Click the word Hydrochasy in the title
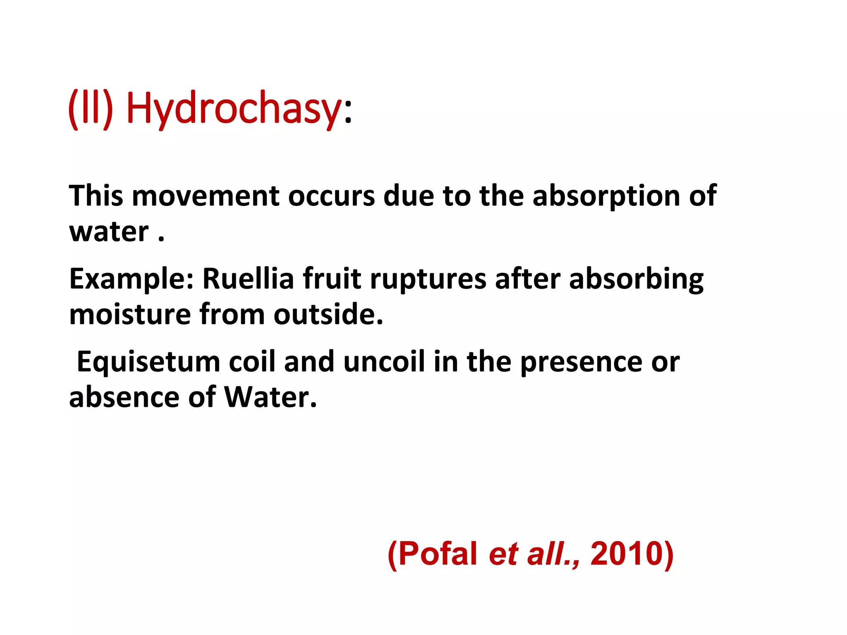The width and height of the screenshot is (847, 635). point(234,108)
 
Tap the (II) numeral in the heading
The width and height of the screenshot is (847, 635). point(91,108)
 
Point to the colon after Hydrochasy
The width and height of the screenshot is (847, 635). point(348,112)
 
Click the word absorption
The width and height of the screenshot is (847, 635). point(606,196)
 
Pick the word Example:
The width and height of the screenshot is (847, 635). point(132,279)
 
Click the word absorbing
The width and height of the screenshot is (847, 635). point(636,279)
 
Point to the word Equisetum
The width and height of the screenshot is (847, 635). point(148,362)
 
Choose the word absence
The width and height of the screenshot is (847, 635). point(124,397)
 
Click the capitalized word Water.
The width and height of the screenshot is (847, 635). point(270,397)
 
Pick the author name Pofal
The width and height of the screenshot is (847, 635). point(438,554)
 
